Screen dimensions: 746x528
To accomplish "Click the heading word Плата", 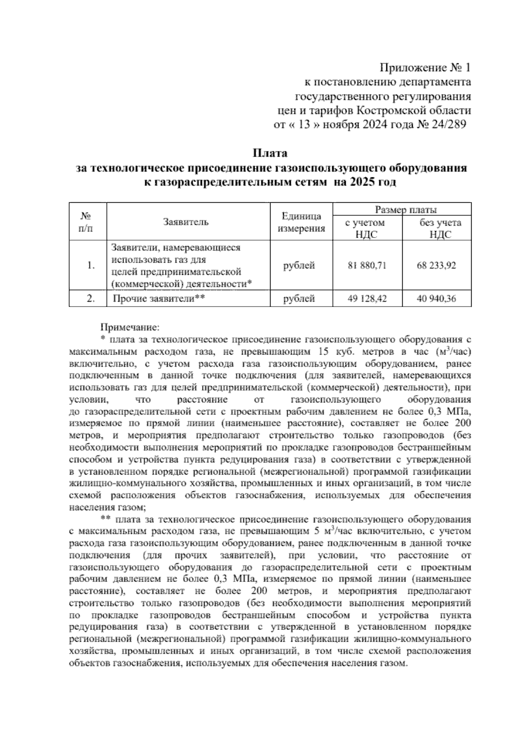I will (270, 154).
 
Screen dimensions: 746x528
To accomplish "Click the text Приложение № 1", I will (425, 68).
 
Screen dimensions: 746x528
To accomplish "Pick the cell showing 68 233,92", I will (436, 266).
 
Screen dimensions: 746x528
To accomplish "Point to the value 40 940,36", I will (436, 299).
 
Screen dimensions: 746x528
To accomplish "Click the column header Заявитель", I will (186, 222).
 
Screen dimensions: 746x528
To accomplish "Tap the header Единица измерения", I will (301, 223).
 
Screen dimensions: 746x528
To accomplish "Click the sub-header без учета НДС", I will (440, 228).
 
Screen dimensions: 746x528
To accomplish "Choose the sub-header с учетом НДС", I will (364, 228).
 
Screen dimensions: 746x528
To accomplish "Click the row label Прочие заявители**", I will (160, 299).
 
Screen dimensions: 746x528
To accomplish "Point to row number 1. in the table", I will (91, 266).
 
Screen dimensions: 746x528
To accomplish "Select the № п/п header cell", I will (88, 222).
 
